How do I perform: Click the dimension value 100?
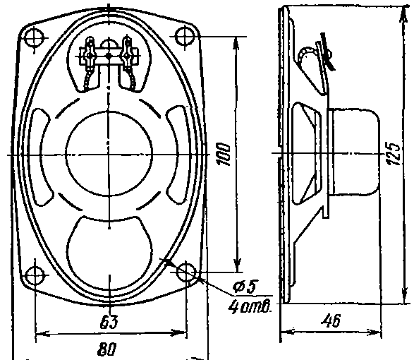pyautogui.click(x=224, y=155)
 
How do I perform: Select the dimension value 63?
pyautogui.click(x=109, y=321)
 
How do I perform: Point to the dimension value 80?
pyautogui.click(x=106, y=349)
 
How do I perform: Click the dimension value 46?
pyautogui.click(x=331, y=320)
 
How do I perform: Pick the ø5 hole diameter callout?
pyautogui.click(x=244, y=286)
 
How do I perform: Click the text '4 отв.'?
pyautogui.click(x=250, y=306)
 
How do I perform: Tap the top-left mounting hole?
pyautogui.click(x=34, y=38)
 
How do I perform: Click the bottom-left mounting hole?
pyautogui.click(x=35, y=275)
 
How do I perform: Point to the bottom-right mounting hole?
pyautogui.click(x=186, y=272)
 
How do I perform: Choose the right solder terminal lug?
pyautogui.click(x=127, y=52)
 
